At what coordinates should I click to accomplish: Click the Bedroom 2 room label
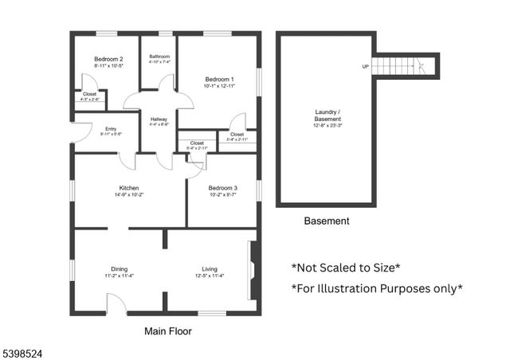[108, 59]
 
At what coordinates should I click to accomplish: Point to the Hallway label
[159, 119]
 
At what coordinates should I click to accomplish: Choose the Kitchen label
[129, 188]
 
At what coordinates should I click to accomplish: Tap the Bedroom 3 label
[223, 188]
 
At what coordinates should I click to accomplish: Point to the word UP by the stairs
[365, 66]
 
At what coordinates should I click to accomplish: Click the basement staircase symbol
[406, 65]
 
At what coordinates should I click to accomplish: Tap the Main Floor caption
[167, 331]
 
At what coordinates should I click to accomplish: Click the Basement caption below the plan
[326, 221]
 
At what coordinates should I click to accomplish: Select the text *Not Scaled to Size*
[345, 268]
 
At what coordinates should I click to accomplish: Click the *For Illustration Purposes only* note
[376, 288]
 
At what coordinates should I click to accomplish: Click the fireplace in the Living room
[253, 271]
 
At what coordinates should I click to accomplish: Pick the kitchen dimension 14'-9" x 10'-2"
[129, 194]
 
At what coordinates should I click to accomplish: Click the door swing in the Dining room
[116, 303]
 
